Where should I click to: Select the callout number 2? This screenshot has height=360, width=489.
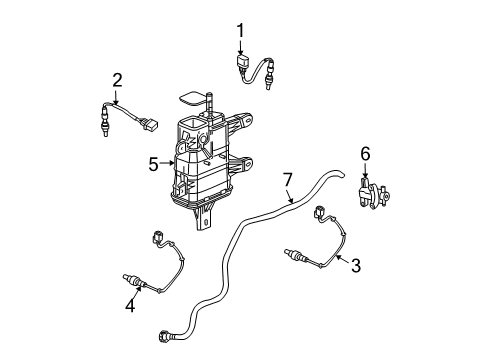[x=117, y=79]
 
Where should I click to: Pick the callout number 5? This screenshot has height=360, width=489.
[x=152, y=162]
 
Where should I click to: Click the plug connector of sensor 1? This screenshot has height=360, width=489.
[x=243, y=66]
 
